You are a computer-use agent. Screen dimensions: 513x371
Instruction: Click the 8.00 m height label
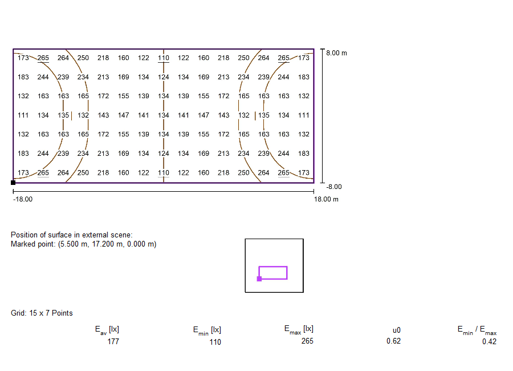[x=336, y=53]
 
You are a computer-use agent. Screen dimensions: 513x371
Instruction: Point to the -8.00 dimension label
[x=333, y=187]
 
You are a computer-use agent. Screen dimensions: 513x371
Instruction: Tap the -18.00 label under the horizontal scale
[x=23, y=199]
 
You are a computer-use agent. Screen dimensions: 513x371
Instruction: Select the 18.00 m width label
[x=326, y=199]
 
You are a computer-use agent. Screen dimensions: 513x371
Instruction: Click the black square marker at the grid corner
[x=13, y=183]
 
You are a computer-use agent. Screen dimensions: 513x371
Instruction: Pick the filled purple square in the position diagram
[x=259, y=279]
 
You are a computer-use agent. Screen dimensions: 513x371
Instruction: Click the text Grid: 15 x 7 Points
[x=42, y=313]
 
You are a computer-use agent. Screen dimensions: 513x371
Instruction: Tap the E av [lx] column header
[x=107, y=330]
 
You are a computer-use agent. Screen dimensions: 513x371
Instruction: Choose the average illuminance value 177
[x=113, y=341]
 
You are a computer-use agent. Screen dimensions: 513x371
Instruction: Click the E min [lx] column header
[x=207, y=330]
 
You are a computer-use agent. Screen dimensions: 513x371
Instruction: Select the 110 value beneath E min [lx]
[x=215, y=342]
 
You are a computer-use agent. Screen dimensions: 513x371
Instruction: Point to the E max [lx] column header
[x=299, y=330]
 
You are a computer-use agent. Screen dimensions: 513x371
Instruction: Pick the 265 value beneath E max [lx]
[x=307, y=341]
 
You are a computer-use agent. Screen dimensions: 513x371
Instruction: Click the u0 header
[x=397, y=330]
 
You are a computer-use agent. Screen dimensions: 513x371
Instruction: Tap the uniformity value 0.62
[x=393, y=341]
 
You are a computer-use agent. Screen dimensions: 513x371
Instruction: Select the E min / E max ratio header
[x=477, y=330]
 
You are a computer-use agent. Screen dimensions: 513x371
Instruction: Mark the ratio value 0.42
[x=489, y=342]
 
